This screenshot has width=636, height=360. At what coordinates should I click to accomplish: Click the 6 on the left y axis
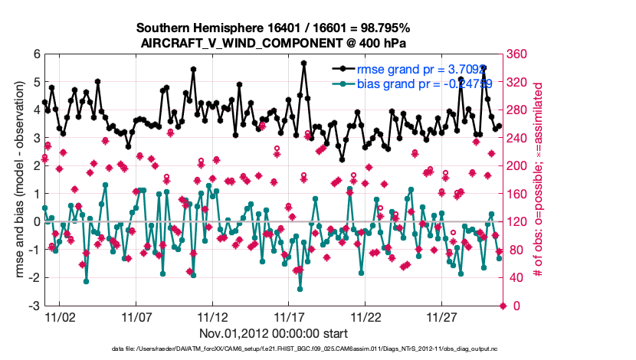(35, 54)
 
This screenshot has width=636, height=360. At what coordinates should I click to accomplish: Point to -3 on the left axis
(33, 306)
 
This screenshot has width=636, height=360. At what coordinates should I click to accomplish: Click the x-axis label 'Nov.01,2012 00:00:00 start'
(274, 333)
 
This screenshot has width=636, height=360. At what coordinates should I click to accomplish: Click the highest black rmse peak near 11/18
(304, 64)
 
